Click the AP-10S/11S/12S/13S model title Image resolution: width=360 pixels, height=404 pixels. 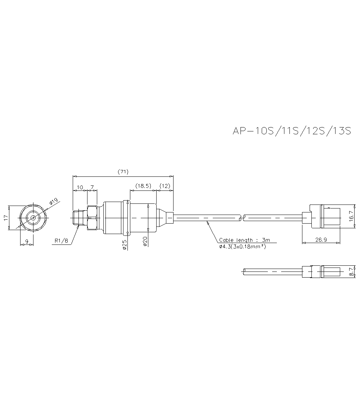(292, 131)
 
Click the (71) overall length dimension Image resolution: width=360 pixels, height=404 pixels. (123, 172)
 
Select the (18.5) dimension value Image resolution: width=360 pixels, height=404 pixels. (143, 186)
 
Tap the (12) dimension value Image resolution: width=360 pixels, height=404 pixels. (165, 186)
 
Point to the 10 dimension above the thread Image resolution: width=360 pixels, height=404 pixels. (80, 188)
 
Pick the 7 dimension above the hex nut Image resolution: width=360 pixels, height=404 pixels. (92, 188)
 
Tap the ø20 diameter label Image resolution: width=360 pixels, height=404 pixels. (145, 241)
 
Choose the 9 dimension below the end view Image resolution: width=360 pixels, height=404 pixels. (27, 242)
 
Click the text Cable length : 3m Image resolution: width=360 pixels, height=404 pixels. (244, 240)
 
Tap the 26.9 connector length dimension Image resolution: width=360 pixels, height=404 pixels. (321, 240)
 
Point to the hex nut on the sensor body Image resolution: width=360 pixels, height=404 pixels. (92, 217)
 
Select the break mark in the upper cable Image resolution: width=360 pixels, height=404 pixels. (242, 217)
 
